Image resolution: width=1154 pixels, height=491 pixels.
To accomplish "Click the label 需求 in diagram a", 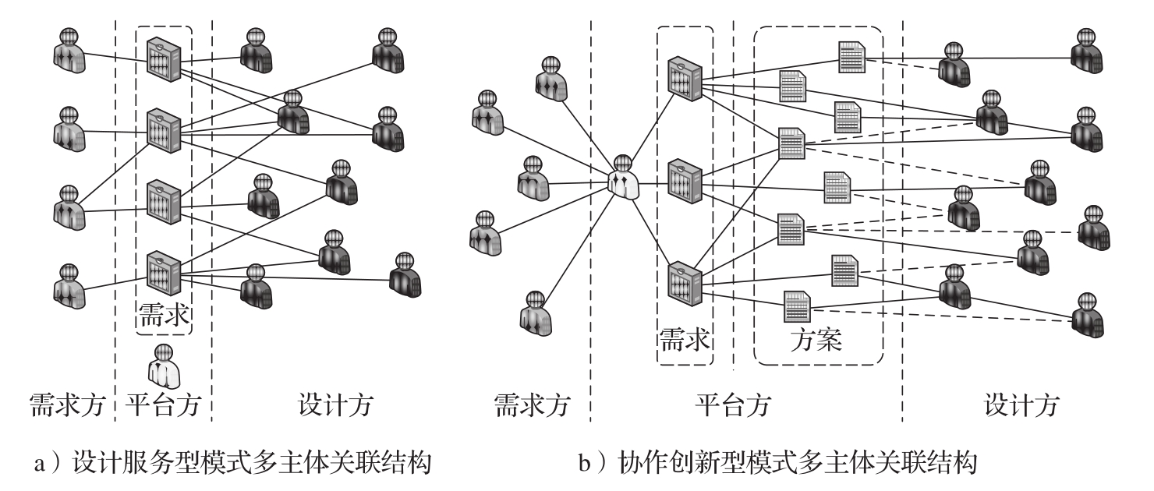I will pos(164,316).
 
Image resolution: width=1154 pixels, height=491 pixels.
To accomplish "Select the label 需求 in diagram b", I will pos(685,340).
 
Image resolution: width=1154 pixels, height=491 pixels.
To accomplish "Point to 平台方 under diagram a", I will pos(163,405).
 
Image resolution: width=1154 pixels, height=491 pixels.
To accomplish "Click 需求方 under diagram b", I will pos(533,405).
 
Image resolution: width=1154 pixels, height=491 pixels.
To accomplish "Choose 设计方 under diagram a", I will pos(335,405).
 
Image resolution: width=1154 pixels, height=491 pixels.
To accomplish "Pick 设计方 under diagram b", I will pos(1022,405).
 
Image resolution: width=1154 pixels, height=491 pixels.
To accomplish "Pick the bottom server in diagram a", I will pos(165,269).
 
